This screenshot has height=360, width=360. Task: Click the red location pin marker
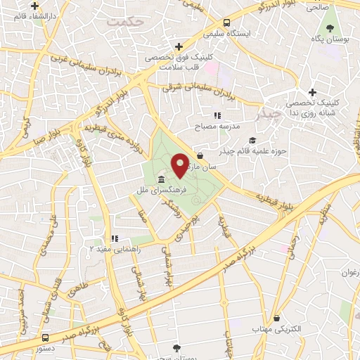181,165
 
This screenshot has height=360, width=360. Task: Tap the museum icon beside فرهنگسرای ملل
162,179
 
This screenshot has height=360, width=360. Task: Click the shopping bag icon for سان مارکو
200,156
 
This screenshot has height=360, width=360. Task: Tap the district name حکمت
125,22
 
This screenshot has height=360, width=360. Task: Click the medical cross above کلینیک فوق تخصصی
179,46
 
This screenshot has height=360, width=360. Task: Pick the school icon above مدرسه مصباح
218,115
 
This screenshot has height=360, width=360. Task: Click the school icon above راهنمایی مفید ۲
114,238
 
